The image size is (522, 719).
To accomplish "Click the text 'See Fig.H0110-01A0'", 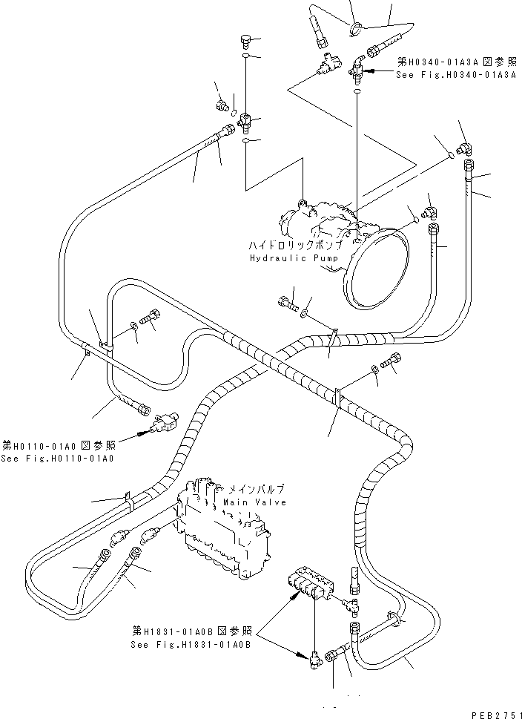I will [57, 458].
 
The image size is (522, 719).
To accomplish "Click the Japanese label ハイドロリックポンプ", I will [296, 244].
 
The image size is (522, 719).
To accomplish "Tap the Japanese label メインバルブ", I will [257, 489].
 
